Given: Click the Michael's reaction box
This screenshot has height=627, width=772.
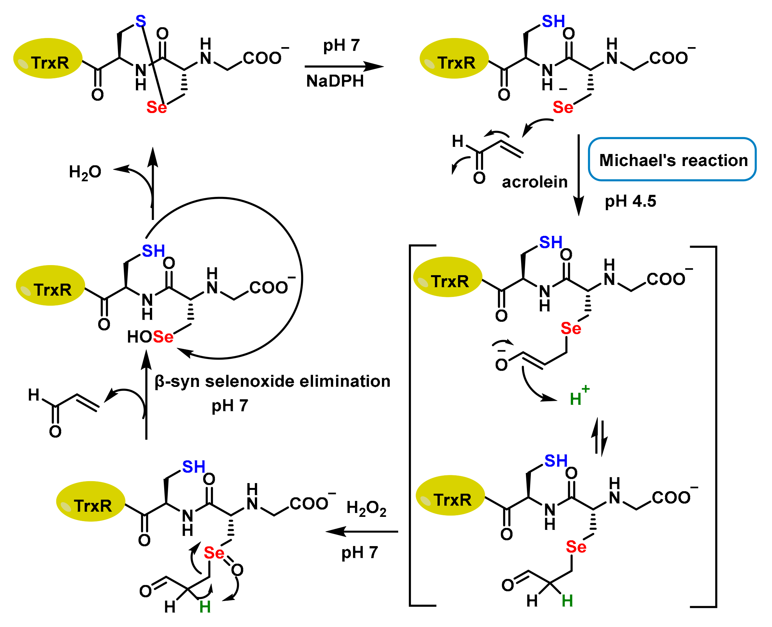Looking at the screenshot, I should coord(672,159).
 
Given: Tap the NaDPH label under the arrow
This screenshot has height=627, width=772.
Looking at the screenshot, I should coord(335,81).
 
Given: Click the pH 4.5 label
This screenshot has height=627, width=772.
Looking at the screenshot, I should coord(630,201).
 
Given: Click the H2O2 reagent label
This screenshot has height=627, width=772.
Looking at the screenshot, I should coord(366,508).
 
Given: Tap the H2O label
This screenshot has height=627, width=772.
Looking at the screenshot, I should coord(85,172).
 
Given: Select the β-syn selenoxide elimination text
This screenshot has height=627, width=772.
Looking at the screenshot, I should coord(272,381).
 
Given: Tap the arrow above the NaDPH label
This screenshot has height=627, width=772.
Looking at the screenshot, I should coord(344,67).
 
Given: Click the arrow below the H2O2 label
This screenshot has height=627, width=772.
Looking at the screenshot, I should coord(362,531).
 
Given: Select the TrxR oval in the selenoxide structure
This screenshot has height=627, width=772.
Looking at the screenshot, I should coord(91,501).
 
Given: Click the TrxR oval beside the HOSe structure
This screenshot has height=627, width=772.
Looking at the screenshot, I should coord(50,285).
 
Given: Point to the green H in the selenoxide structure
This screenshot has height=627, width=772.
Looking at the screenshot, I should coord(205,607).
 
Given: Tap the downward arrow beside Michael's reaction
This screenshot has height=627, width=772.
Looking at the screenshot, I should coord(579,175).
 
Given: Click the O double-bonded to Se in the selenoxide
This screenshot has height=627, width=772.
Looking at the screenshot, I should coord(237,570).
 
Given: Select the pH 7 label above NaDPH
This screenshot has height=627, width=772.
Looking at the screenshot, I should coord(341,45).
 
